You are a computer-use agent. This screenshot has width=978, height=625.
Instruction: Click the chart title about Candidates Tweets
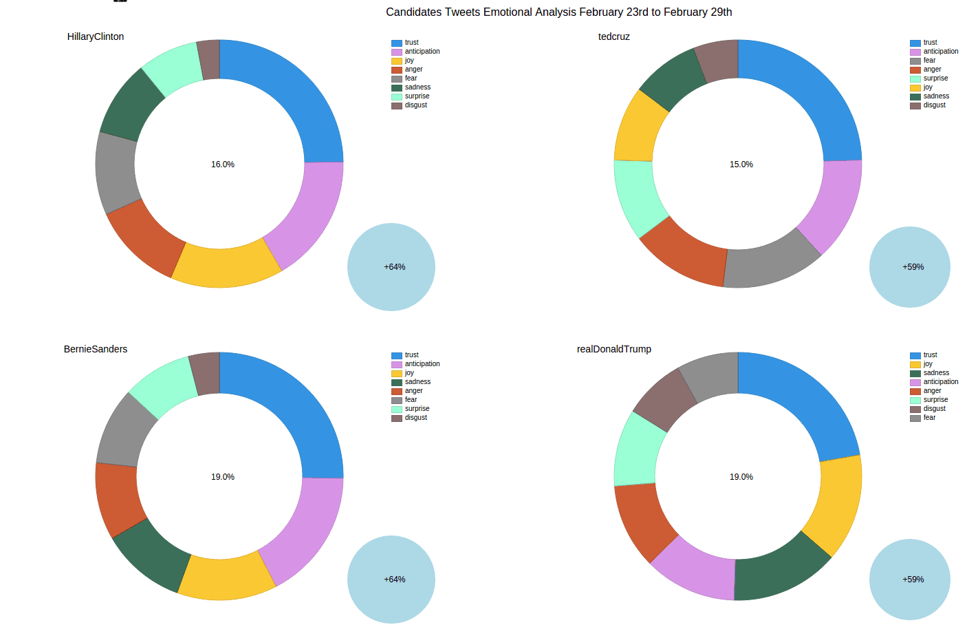[x=558, y=12]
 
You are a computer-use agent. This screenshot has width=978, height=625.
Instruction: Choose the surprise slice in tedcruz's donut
[x=637, y=196]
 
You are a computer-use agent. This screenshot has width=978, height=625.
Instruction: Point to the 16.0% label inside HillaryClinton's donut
[x=223, y=165]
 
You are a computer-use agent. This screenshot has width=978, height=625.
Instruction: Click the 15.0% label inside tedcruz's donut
[x=741, y=165]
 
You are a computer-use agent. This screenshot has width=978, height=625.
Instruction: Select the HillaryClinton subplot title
[x=96, y=36]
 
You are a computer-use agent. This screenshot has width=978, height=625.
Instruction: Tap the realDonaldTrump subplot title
[x=613, y=349]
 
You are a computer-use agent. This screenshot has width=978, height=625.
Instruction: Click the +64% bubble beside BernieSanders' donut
[x=391, y=580]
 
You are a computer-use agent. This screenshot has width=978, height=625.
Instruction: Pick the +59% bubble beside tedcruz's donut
[x=910, y=267]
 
